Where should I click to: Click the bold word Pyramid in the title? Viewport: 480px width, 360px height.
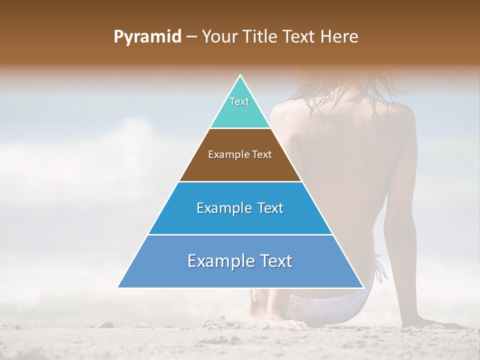(147, 37)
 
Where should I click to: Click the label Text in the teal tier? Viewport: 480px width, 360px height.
(239, 101)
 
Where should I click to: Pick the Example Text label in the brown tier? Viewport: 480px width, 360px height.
(240, 154)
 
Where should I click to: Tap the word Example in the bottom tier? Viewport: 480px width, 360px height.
(218, 261)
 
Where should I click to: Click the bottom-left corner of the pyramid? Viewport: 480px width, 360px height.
(118, 287)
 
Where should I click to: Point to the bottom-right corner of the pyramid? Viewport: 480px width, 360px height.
(363, 287)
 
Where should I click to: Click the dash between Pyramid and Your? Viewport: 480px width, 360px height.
(191, 37)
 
